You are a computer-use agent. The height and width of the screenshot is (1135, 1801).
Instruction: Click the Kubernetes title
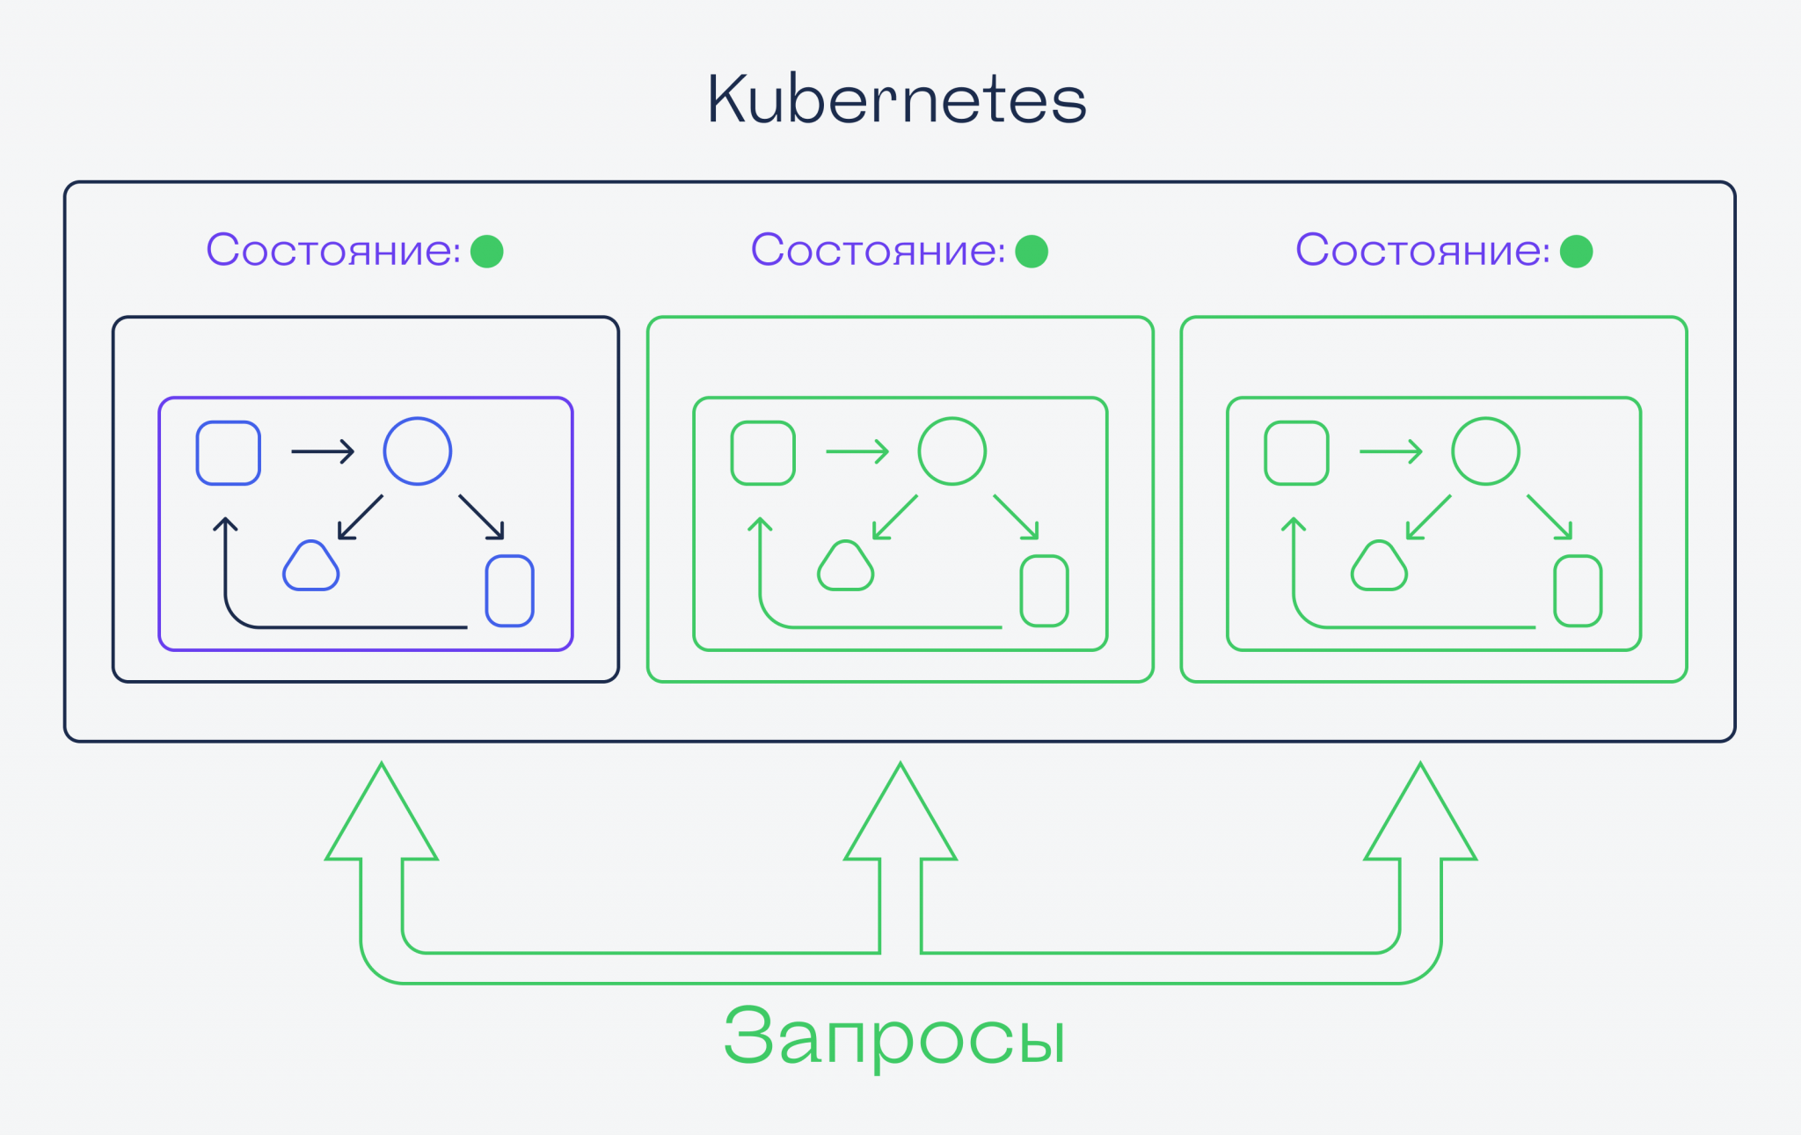[x=896, y=99]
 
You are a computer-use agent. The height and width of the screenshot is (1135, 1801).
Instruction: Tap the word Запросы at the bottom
[x=894, y=1036]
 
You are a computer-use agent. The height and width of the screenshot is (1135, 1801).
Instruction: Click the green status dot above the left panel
[x=487, y=252]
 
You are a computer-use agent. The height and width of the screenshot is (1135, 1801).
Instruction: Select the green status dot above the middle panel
[x=1032, y=252]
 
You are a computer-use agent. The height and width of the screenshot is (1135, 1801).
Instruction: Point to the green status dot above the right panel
[x=1576, y=252]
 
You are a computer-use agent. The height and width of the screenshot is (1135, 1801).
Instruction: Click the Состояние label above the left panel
[x=333, y=251]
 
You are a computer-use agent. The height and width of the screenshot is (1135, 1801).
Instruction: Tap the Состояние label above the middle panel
[x=878, y=251]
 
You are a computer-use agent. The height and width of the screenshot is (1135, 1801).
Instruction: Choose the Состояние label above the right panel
[x=1422, y=251]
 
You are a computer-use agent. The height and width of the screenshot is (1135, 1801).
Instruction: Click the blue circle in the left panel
[x=418, y=451]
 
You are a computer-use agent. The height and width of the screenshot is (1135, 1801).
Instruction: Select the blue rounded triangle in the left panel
[x=310, y=567]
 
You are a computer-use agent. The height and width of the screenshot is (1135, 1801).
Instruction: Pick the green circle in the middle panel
[x=952, y=451]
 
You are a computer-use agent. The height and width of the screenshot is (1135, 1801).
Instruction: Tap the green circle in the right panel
[x=1485, y=451]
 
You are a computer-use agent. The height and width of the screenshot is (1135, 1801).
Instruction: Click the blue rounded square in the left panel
[x=229, y=453]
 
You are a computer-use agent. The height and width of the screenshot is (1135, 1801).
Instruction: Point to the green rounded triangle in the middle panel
[x=845, y=567]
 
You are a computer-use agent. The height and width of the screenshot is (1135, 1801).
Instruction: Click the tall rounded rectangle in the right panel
[x=1578, y=590]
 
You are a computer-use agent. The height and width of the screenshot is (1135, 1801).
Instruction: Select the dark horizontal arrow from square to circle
[x=323, y=451]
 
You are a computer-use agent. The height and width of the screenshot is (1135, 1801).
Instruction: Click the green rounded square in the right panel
[x=1296, y=453]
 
